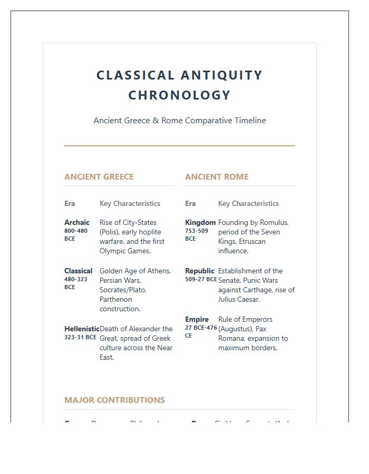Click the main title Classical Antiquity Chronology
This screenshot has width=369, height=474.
coord(179,85)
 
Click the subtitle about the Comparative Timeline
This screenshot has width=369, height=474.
coord(179,121)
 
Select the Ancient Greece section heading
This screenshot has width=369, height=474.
coord(99,177)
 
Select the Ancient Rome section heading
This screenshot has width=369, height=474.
coord(217,177)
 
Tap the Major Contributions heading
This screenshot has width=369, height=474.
coord(114,400)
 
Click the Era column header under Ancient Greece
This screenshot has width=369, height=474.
coord(70,204)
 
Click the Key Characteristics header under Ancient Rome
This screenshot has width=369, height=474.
coord(248,204)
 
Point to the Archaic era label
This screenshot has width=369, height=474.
coord(77,222)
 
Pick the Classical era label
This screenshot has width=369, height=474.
coord(78,271)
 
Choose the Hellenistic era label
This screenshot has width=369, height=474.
coord(82,329)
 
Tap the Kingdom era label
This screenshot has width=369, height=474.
coord(200,222)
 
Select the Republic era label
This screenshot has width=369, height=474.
coord(200,271)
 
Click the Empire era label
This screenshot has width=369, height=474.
coord(197,319)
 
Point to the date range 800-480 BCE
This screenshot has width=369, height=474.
coord(76,234)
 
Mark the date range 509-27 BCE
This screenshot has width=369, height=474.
coord(201,280)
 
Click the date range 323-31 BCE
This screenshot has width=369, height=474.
coord(80,337)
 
